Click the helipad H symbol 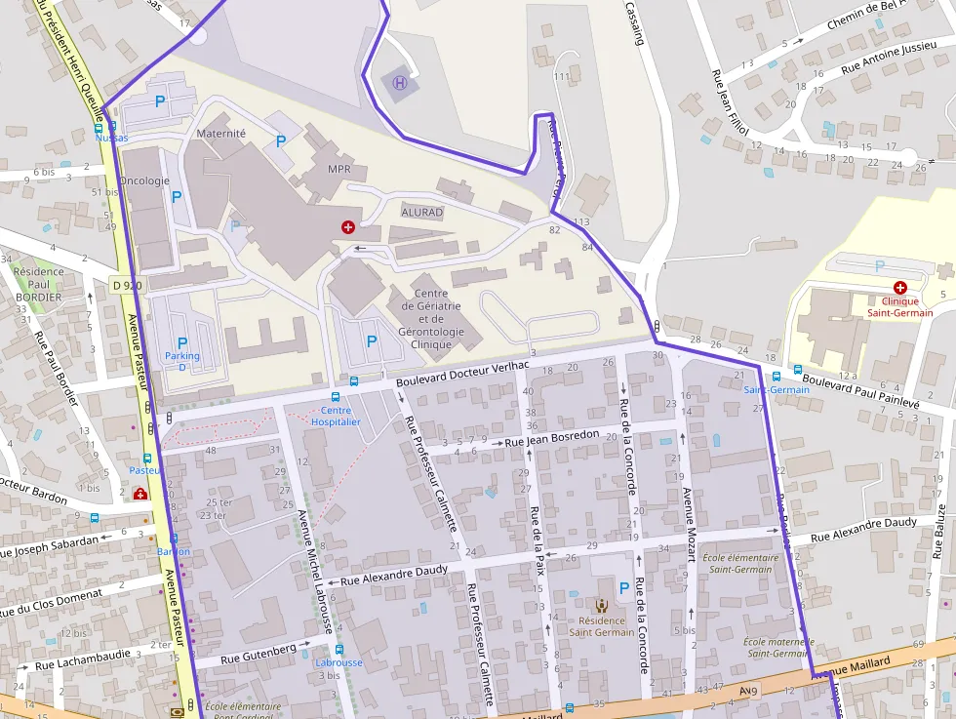399,83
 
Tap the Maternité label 221,133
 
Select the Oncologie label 144,180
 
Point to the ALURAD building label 421,212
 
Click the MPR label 339,169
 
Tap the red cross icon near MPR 348,226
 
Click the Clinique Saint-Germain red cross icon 899,288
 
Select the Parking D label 181,361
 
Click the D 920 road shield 127,285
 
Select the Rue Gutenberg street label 258,654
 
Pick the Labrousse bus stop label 339,662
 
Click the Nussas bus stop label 111,138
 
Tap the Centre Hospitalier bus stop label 336,416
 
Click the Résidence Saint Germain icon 600,606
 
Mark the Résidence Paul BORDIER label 39,284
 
